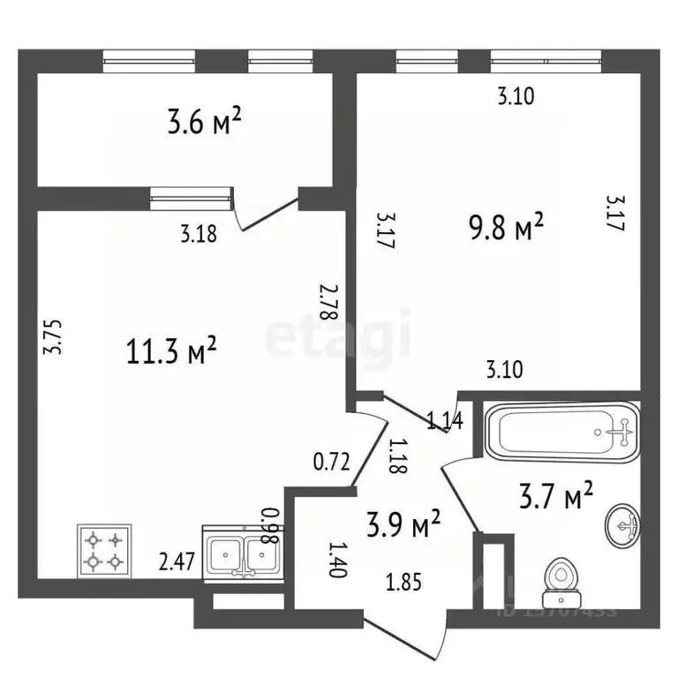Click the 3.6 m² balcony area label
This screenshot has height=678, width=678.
click(x=204, y=123)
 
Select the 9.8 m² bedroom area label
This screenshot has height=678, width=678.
click(x=504, y=229)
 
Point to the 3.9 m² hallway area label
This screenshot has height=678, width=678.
click(x=403, y=527)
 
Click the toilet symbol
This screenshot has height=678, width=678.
click(x=557, y=576)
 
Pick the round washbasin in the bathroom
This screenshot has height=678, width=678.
click(x=624, y=527)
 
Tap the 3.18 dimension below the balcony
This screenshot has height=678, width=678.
click(x=199, y=234)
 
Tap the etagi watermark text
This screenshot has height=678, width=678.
click(x=339, y=335)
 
